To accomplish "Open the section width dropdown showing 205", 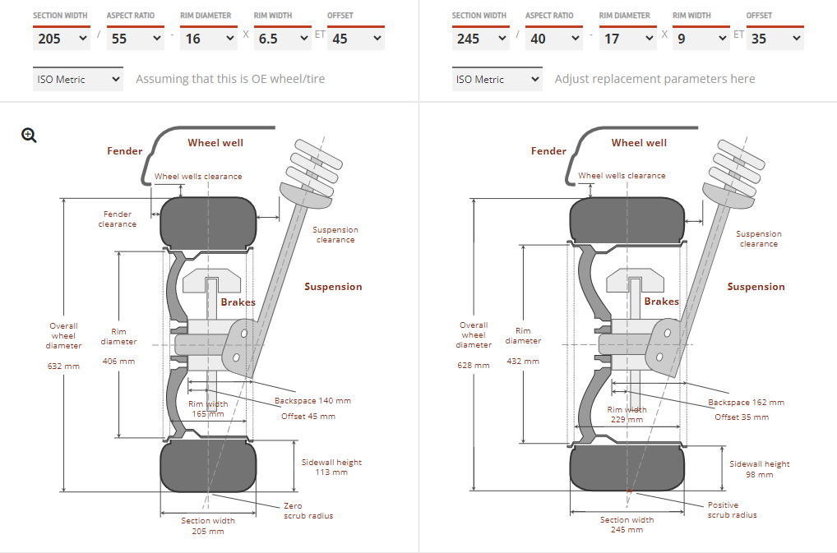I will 62,39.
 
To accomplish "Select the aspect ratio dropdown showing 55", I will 135,39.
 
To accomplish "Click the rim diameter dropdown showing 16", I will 209,39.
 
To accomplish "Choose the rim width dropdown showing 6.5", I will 282,39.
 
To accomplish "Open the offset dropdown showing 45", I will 355,39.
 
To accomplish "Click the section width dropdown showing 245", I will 480,39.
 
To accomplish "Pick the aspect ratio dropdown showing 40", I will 554,39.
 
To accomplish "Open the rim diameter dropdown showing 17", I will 627,39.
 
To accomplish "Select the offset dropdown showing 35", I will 775,39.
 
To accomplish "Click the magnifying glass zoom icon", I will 30,136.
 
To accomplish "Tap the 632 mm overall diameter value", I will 63,366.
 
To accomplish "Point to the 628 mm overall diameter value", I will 474,366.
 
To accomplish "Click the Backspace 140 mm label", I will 312,401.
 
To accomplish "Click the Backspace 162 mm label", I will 746,403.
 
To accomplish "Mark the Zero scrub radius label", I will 304,511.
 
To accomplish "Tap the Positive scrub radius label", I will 732,510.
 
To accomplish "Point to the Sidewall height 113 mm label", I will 331,468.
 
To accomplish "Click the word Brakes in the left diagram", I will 238,302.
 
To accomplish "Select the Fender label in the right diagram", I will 548,151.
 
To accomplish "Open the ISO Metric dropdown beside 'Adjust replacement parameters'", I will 497,80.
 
